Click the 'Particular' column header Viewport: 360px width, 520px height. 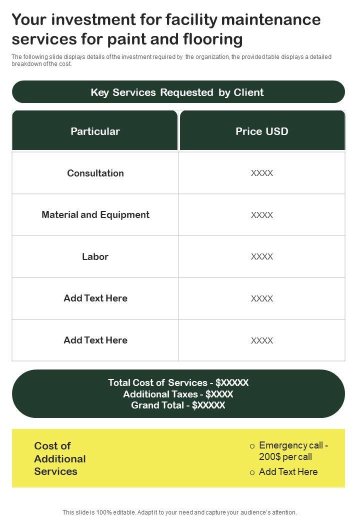pos(95,131)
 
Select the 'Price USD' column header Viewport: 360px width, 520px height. pos(262,131)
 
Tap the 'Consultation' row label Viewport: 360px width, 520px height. pos(95,173)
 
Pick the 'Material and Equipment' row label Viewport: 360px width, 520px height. pos(95,215)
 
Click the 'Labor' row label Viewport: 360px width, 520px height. pos(95,256)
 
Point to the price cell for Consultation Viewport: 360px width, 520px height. pos(262,173)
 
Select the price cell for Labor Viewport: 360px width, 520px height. pos(262,256)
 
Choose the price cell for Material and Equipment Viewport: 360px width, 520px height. pos(262,215)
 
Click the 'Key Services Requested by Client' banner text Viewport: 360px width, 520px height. pos(177,92)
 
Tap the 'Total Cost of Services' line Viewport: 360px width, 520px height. pos(178,383)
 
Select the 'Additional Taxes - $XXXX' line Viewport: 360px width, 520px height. pos(178,394)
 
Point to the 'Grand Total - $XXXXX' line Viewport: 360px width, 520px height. pos(178,405)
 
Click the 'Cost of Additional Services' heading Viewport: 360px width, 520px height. pos(60,458)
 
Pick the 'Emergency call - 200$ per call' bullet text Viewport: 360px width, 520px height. pos(293,451)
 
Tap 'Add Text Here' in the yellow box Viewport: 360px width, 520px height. pos(288,471)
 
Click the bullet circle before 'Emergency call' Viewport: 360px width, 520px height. pos(252,446)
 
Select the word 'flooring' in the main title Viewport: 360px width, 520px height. pos(214,39)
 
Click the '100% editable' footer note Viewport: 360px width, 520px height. pos(179,512)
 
